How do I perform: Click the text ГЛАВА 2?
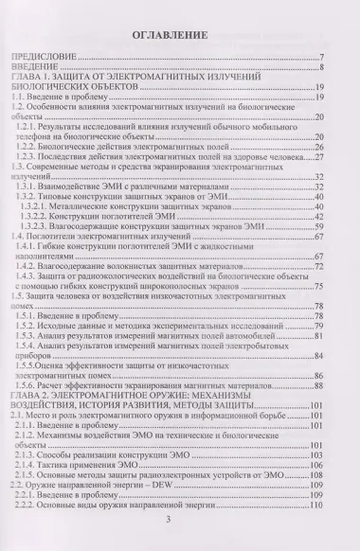pyautogui.click(x=27, y=398)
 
